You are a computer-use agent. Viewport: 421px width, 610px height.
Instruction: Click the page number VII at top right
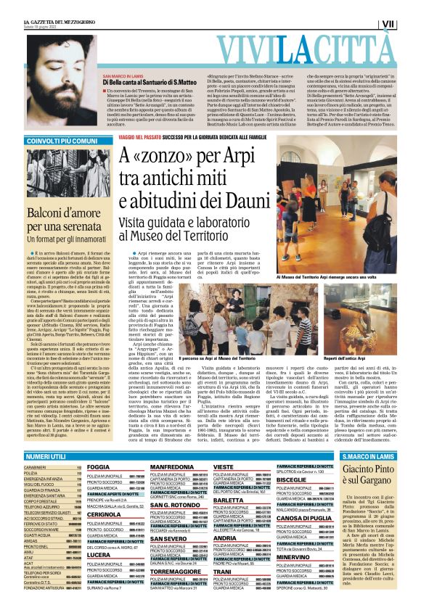pos(409,24)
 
